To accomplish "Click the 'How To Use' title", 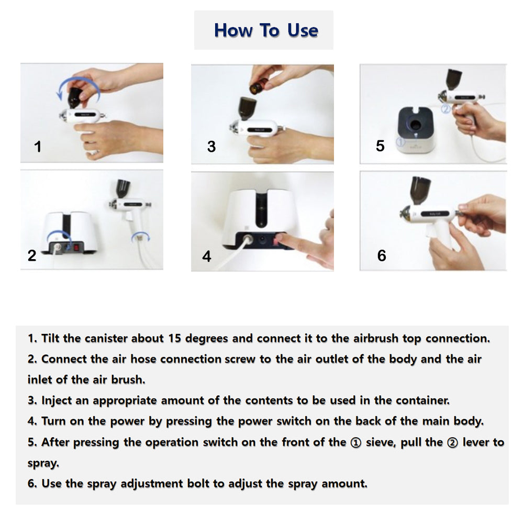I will pos(265,30).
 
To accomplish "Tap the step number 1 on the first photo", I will pos(38,147).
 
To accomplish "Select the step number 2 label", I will pos(32,256).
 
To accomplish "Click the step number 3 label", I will pos(211,147).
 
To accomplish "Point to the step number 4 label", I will pos(207,257).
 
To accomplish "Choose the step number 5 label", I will pos(380,146).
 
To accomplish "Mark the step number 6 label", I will pos(382,255).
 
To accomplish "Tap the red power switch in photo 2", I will pos(77,244).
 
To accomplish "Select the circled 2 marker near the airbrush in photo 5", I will pos(445,109).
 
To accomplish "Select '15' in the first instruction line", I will pos(174,338).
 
